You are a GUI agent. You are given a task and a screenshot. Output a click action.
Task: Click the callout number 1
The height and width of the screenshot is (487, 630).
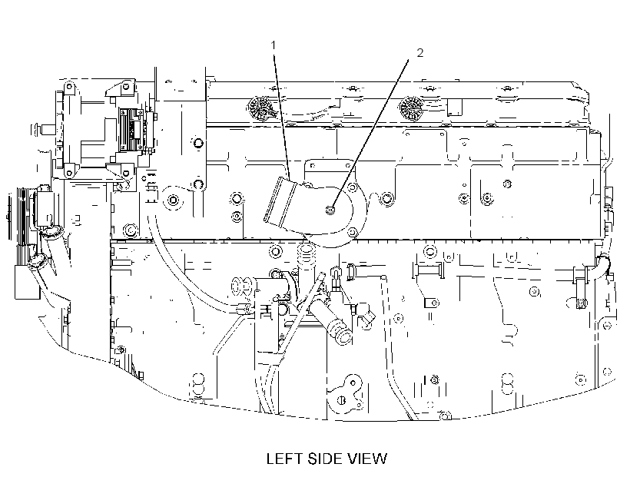tap(274, 45)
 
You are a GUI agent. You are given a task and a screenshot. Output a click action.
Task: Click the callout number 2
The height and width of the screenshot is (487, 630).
tap(419, 53)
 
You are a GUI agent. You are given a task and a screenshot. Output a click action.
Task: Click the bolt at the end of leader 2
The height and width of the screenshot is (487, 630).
tap(330, 210)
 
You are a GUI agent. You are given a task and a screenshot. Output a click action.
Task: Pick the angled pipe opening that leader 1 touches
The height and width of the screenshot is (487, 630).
tap(280, 201)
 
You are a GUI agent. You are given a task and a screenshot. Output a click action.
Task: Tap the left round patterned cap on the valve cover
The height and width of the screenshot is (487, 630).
tap(260, 108)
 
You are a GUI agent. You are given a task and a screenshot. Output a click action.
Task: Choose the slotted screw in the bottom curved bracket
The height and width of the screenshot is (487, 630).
tap(342, 400)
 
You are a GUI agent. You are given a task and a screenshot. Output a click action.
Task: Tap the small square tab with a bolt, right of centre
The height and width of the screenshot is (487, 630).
tap(432, 303)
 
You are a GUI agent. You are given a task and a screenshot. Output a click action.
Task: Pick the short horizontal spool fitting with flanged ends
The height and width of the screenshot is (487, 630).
tap(428, 270)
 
